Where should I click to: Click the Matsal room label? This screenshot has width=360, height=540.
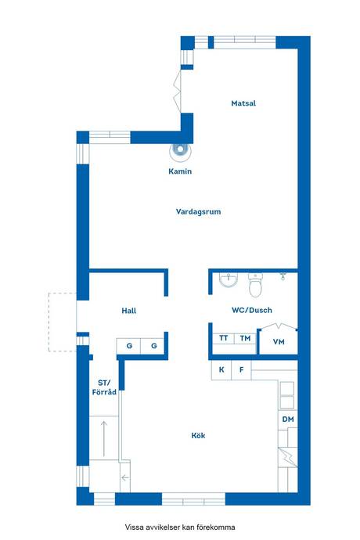pyautogui.click(x=243, y=103)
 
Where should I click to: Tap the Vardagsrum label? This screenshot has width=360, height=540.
pyautogui.click(x=199, y=211)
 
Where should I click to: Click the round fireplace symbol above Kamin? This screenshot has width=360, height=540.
pyautogui.click(x=180, y=150)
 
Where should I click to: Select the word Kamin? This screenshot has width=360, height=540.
pyautogui.click(x=180, y=171)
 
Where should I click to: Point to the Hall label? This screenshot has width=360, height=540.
pyautogui.click(x=129, y=311)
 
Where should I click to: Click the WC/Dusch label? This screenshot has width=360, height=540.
pyautogui.click(x=252, y=310)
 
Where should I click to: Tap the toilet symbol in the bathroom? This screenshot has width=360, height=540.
pyautogui.click(x=255, y=285)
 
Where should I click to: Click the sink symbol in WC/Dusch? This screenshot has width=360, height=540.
pyautogui.click(x=228, y=279)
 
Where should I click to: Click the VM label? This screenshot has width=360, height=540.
pyautogui.click(x=279, y=342)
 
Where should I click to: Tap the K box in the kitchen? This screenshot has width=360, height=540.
pyautogui.click(x=221, y=370)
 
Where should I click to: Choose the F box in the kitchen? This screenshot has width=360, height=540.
pyautogui.click(x=242, y=370)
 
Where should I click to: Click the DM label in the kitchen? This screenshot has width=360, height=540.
pyautogui.click(x=288, y=419)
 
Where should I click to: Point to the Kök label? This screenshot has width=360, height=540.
pyautogui.click(x=198, y=435)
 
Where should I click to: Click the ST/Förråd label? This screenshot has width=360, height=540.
pyautogui.click(x=104, y=387)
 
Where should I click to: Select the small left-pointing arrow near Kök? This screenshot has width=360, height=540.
pyautogui.click(x=124, y=477)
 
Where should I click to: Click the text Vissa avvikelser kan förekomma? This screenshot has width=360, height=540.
pyautogui.click(x=180, y=527)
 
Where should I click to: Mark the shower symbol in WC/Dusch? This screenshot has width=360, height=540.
pyautogui.click(x=283, y=275)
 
